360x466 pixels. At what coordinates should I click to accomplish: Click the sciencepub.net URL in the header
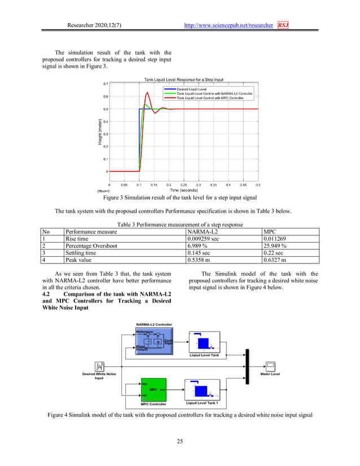pos(229,25)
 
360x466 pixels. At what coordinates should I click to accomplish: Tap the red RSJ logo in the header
pos(282,25)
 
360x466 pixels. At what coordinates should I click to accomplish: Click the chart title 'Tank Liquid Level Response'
pos(184,80)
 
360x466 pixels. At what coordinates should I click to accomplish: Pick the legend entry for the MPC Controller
pos(210,98)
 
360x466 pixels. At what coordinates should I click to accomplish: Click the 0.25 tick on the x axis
pos(183,184)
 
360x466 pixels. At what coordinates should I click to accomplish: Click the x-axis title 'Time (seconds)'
pos(184,191)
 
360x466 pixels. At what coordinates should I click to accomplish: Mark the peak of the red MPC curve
pos(147,93)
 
